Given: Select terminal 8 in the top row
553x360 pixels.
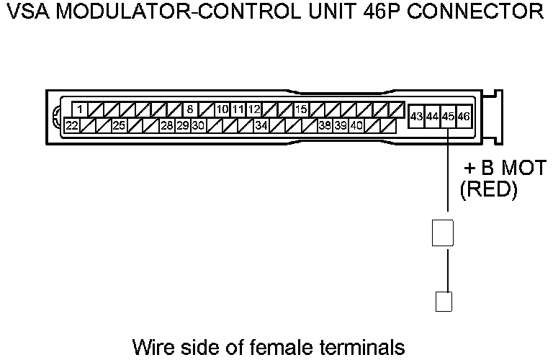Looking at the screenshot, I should [x=190, y=109].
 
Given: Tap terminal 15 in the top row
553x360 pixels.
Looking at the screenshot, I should [x=301, y=109].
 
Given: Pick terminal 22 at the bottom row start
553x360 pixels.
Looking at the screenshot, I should [x=72, y=125].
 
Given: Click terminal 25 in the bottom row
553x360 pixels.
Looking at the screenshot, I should [x=119, y=125].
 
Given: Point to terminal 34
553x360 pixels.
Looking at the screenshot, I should [x=261, y=125].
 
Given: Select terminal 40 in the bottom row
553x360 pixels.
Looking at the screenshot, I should [x=356, y=125].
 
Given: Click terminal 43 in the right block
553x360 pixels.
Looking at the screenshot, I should [x=416, y=116].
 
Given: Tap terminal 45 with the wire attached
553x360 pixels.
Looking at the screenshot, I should [x=448, y=116].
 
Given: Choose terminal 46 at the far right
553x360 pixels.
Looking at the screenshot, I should [x=463, y=116].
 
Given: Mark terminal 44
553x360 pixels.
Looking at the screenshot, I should [x=432, y=116].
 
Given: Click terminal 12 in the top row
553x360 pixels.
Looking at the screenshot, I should [x=253, y=109].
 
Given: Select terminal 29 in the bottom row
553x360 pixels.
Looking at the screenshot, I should [x=182, y=125].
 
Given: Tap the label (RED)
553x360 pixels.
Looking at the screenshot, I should [x=488, y=190].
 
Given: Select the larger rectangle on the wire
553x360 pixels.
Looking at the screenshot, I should [x=441, y=232].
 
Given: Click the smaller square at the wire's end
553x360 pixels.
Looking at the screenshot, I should [x=444, y=300].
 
